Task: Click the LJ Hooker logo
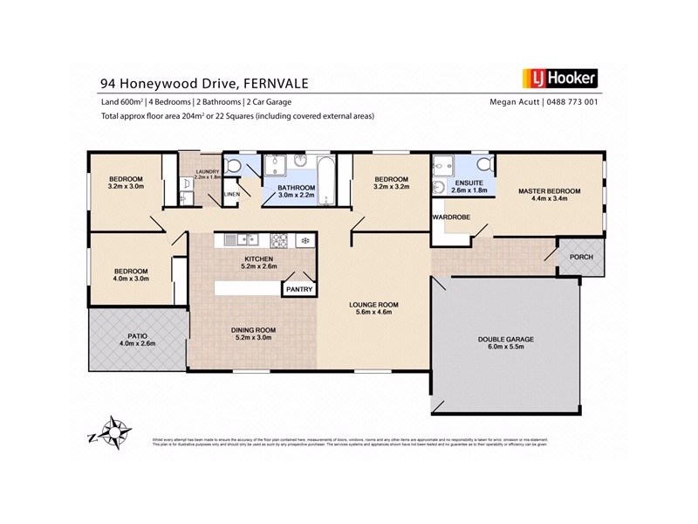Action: [x=558, y=79]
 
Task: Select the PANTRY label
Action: [x=298, y=288]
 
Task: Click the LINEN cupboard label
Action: [x=231, y=194]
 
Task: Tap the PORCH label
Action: [x=581, y=258]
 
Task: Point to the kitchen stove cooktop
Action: [x=279, y=238]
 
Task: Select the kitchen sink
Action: [x=234, y=239]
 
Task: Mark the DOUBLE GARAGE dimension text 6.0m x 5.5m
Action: [x=505, y=347]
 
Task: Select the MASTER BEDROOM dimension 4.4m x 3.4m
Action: [x=550, y=199]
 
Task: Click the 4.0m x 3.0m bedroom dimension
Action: [x=132, y=279]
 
